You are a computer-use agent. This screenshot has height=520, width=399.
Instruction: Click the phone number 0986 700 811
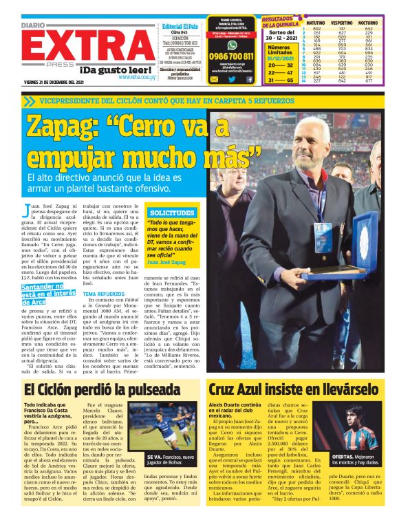230,56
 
